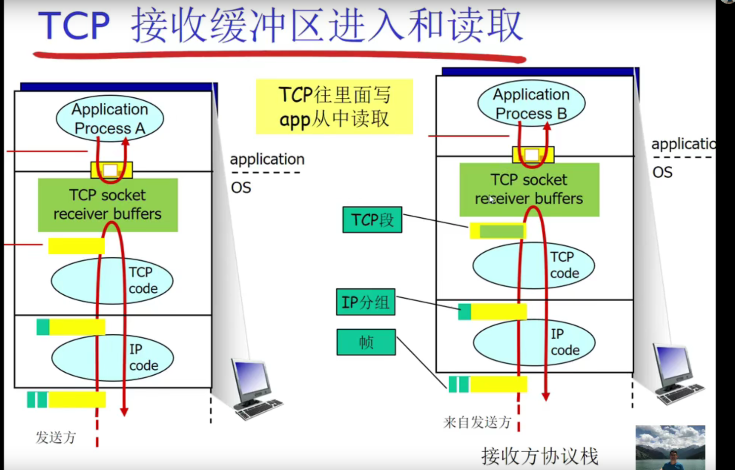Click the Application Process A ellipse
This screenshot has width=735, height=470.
[x=110, y=118]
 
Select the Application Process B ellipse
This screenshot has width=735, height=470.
[x=531, y=103]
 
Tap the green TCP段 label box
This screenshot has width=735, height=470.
[x=372, y=220]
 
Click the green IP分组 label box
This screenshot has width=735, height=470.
[x=365, y=302]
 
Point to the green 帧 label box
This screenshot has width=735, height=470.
[x=366, y=342]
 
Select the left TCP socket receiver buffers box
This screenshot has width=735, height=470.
[x=108, y=204]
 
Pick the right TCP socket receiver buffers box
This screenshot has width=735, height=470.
[x=529, y=189]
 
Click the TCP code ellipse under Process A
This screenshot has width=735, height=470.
[x=112, y=280]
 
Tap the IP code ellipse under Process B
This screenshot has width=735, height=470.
[x=534, y=342]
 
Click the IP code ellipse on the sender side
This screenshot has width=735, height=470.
[x=112, y=357]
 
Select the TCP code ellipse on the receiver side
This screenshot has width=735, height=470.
[x=534, y=265]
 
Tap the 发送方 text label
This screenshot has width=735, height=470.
[x=56, y=437]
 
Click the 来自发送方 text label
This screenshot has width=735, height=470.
[x=477, y=422]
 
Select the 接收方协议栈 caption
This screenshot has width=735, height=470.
[x=540, y=456]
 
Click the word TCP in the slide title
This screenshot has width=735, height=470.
[x=74, y=26]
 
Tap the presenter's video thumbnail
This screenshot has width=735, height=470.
[x=670, y=447]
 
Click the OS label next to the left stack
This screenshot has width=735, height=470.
[x=241, y=188]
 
